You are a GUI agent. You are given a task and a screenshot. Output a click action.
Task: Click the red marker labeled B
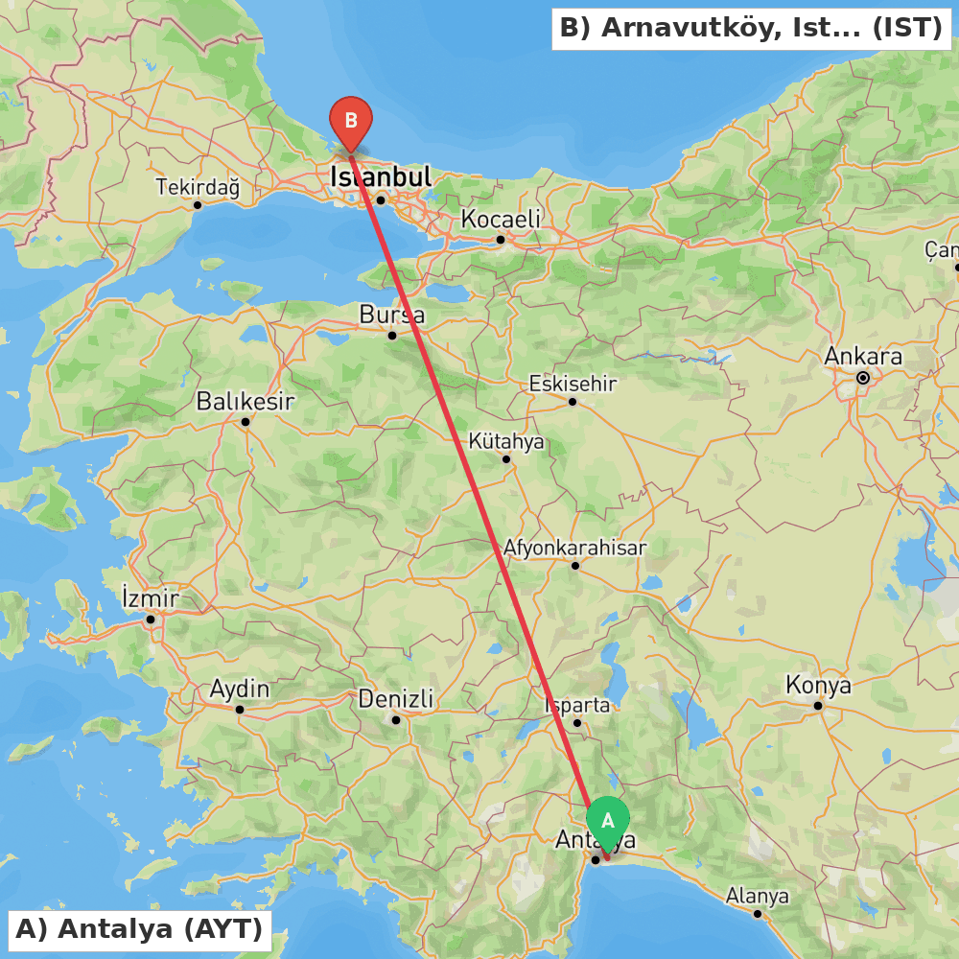pyautogui.click(x=351, y=122)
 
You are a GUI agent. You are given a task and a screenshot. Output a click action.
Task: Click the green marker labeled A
pyautogui.click(x=607, y=822)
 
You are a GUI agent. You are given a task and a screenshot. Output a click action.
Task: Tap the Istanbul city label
pyautogui.click(x=381, y=177)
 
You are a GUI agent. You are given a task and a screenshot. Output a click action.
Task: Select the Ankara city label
pyautogui.click(x=863, y=357)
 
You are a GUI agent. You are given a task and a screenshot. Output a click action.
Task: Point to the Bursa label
pyautogui.click(x=391, y=315)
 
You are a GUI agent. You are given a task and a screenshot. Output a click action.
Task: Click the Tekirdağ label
pyautogui.click(x=198, y=187)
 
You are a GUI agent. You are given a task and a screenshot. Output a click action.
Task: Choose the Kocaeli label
pyautogui.click(x=501, y=219)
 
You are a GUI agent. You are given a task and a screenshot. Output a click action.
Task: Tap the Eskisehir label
pyautogui.click(x=573, y=384)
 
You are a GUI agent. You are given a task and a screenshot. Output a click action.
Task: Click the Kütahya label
pyautogui.click(x=506, y=441)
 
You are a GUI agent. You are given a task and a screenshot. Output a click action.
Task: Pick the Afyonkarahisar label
pyautogui.click(x=575, y=548)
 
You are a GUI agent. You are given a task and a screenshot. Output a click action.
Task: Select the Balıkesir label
pyautogui.click(x=246, y=401)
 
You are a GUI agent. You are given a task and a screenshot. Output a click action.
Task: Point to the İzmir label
pyautogui.click(x=151, y=598)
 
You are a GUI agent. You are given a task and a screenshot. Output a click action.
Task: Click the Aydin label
pyautogui.click(x=240, y=690)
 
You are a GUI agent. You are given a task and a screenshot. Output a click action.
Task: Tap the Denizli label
pyautogui.click(x=396, y=698)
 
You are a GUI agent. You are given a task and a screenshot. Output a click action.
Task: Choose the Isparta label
pyautogui.click(x=577, y=705)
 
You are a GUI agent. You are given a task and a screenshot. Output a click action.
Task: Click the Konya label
pyautogui.click(x=818, y=686)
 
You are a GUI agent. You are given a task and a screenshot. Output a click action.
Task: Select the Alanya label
pyautogui.click(x=757, y=896)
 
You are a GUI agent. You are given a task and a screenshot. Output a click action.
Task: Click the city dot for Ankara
pyautogui.click(x=863, y=378)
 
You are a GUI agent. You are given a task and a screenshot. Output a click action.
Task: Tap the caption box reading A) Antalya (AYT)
pyautogui.click(x=139, y=928)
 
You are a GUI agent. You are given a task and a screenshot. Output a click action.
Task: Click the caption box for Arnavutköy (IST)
pyautogui.click(x=751, y=28)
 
